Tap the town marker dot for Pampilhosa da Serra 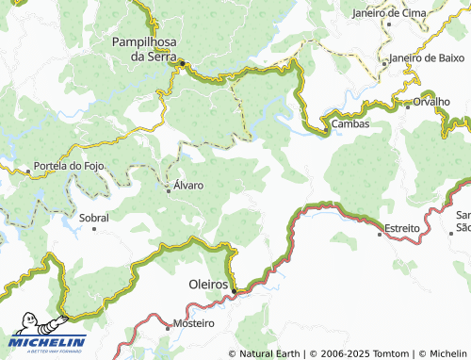[x=186, y=64]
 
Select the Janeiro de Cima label [x=389, y=13]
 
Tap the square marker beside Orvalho [x=407, y=106]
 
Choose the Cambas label [x=349, y=123]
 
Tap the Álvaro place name [x=187, y=186]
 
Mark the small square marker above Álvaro [x=169, y=191]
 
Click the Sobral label [x=94, y=218]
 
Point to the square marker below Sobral [x=93, y=229]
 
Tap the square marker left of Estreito [x=380, y=235]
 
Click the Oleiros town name [x=203, y=284]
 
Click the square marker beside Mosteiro [x=169, y=327]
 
